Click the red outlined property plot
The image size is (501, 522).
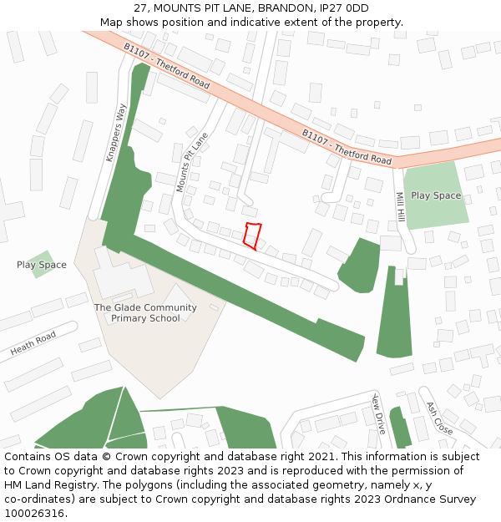tap(252, 236)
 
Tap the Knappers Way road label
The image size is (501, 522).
tap(115, 132)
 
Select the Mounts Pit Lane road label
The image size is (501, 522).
tap(191, 161)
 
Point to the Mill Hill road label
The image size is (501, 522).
tap(400, 205)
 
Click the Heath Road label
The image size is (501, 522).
tap(33, 343)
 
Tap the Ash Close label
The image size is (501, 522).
tap(440, 418)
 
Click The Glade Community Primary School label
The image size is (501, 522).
tap(145, 313)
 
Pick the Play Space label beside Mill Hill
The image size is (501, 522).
tap(436, 195)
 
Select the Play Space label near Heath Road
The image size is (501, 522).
tap(42, 265)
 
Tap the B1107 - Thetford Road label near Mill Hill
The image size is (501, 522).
tap(347, 146)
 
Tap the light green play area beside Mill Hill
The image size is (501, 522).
tap(434, 213)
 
